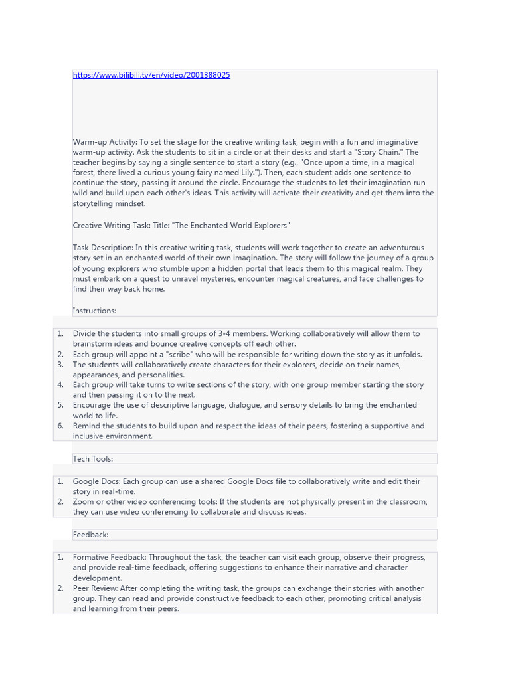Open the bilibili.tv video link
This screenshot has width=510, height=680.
(x=151, y=75)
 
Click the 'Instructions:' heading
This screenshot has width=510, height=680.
(x=94, y=310)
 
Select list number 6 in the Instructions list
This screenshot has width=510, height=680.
(x=60, y=426)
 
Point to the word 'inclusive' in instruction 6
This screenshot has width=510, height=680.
(x=90, y=436)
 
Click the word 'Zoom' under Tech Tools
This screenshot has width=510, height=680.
(x=84, y=501)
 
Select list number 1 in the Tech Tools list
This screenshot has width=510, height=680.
(x=60, y=481)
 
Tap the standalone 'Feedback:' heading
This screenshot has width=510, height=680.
(x=91, y=534)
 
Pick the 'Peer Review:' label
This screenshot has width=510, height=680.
(x=96, y=588)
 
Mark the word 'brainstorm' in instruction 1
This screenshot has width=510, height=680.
(x=93, y=344)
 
